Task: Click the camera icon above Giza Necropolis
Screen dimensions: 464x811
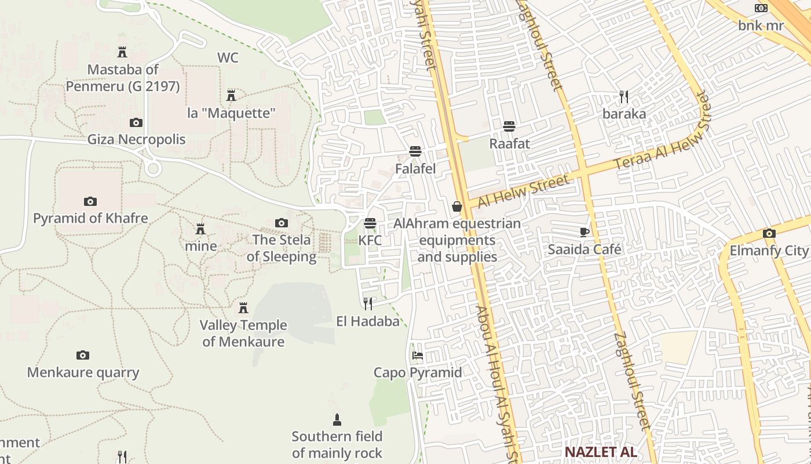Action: pyautogui.click(x=136, y=122)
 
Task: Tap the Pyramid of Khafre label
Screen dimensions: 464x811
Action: pyautogui.click(x=90, y=219)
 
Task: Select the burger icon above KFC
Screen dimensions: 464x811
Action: pyautogui.click(x=370, y=223)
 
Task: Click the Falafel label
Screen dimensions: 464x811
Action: pyautogui.click(x=415, y=169)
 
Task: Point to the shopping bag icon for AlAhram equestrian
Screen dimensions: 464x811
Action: pyautogui.click(x=457, y=206)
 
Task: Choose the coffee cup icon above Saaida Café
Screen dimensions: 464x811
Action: pyautogui.click(x=584, y=233)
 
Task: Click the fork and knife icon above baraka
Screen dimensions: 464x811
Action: pyautogui.click(x=624, y=97)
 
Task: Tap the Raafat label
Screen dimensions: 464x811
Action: pyautogui.click(x=510, y=143)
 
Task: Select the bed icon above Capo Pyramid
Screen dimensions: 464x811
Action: pyautogui.click(x=418, y=356)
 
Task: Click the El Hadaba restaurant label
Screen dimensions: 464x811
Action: pyautogui.click(x=368, y=321)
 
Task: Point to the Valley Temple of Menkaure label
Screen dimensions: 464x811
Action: pyautogui.click(x=243, y=333)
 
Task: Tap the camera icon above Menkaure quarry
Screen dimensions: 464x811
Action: pyautogui.click(x=83, y=355)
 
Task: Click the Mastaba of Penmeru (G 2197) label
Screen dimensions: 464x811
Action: pyautogui.click(x=122, y=78)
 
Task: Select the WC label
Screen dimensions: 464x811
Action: pyautogui.click(x=228, y=57)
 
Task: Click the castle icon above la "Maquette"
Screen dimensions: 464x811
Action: pyautogui.click(x=231, y=96)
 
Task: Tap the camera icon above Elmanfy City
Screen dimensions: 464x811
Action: pyautogui.click(x=769, y=234)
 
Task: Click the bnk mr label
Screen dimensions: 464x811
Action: pyautogui.click(x=761, y=26)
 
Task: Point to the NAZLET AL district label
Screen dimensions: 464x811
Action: pyautogui.click(x=601, y=452)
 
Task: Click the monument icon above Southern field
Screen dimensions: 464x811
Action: pyautogui.click(x=337, y=419)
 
